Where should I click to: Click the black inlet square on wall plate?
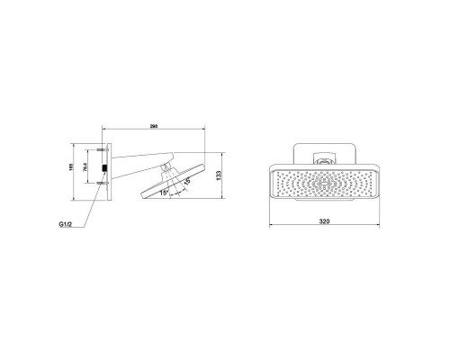(x=105, y=167)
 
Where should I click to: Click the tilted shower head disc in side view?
(x=175, y=184)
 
